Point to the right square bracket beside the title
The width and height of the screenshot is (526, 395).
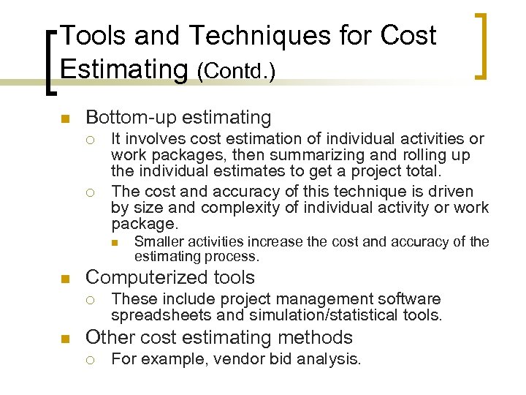point(482,45)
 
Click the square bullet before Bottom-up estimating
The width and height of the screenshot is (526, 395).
point(64,118)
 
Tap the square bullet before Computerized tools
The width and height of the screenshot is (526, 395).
point(64,279)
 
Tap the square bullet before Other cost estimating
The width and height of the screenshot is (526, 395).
point(64,339)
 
